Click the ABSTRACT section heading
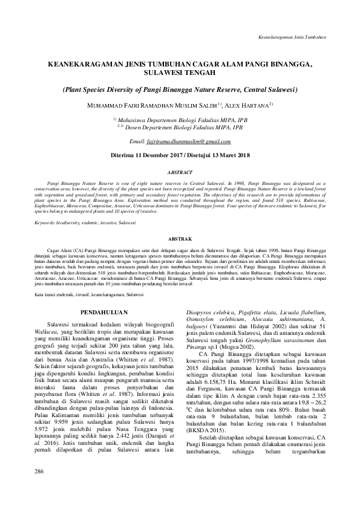pyautogui.click(x=179, y=172)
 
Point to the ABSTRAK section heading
pyautogui.click(x=179, y=239)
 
